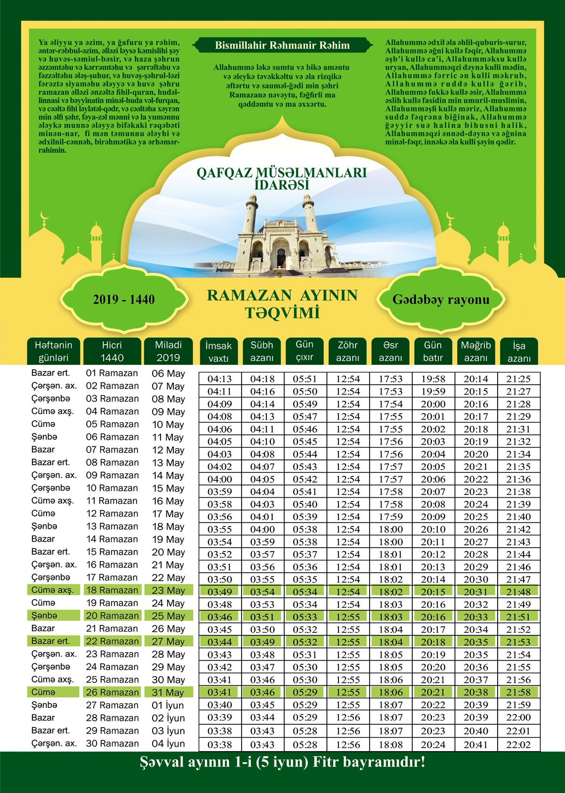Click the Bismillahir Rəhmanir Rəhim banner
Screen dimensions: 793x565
tap(282, 46)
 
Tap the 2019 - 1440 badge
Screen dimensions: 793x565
tap(124, 299)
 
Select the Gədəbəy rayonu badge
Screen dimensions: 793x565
tap(441, 299)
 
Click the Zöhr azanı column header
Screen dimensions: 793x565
tap(347, 351)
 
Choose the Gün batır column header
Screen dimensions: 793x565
tap(433, 351)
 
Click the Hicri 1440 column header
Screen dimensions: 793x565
tap(112, 351)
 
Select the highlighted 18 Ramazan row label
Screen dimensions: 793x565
tap(112, 590)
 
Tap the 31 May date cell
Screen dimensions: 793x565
tap(168, 692)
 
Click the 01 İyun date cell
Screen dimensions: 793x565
tap(168, 705)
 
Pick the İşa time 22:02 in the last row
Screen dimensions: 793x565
tap(518, 745)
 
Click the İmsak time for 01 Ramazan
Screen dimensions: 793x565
tap(219, 379)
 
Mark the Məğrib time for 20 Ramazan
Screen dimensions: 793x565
tap(476, 617)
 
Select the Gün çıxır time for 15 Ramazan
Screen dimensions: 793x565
tap(305, 554)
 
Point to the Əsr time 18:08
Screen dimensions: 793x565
tap(391, 745)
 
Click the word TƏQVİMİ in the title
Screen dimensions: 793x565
tap(282, 313)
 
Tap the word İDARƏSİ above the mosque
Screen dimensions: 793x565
tap(282, 185)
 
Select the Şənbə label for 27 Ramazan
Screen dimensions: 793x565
tap(44, 705)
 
